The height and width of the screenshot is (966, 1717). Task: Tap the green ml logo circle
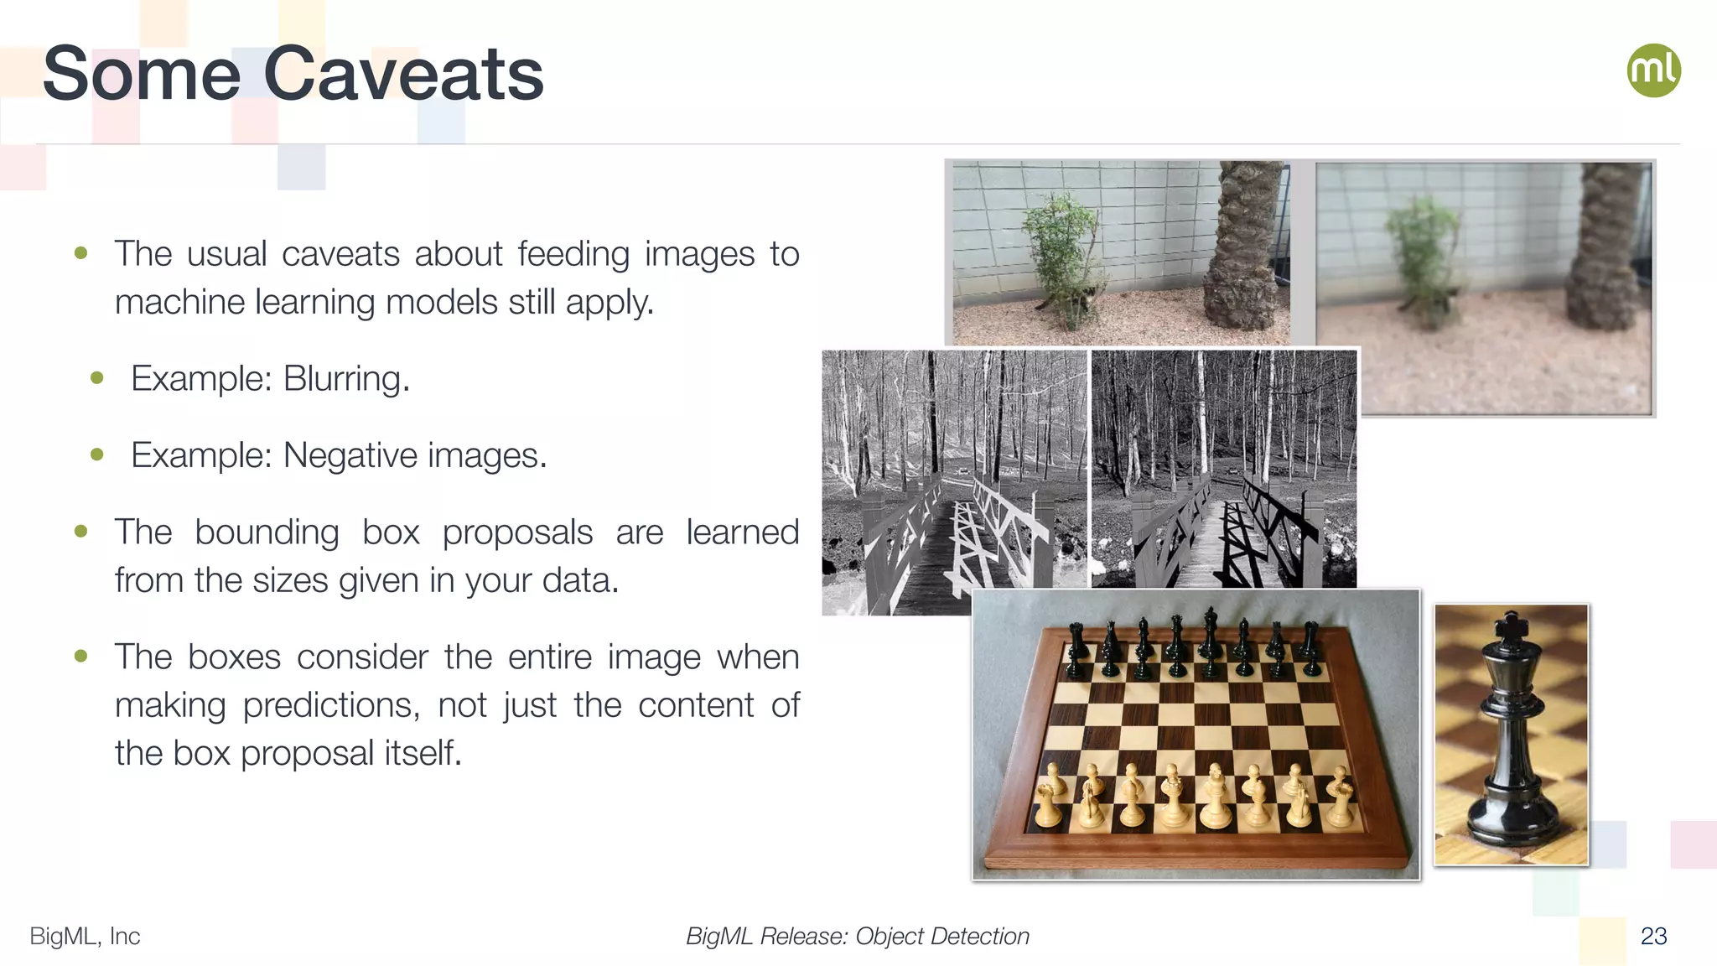1653,70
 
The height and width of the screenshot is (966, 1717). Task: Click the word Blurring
345,378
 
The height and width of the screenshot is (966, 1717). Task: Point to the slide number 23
1653,936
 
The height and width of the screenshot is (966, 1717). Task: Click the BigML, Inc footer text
85,936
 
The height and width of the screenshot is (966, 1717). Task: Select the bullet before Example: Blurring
97,378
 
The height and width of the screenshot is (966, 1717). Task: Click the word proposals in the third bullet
517,532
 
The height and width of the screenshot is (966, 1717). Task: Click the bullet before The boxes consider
81,656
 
